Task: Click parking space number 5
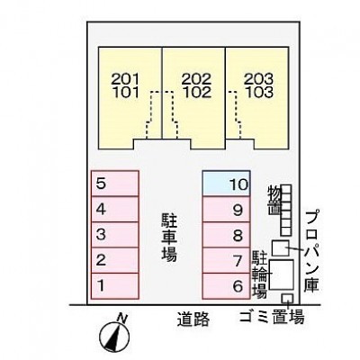tap(115, 184)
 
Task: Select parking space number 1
tap(115, 286)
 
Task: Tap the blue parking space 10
tap(227, 184)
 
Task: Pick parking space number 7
tap(227, 260)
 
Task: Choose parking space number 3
tap(115, 235)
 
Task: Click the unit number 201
tap(126, 79)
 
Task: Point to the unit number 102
tap(197, 93)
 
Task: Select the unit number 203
tap(258, 79)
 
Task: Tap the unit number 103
tap(258, 93)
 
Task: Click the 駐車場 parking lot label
tap(169, 237)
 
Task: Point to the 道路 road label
tap(193, 319)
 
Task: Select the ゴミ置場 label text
tap(272, 317)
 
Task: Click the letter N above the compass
tap(121, 318)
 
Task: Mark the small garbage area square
tap(287, 299)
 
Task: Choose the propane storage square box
tap(281, 248)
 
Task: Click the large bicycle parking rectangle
tap(281, 274)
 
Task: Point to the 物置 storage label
tap(274, 200)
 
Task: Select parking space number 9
tap(227, 209)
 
